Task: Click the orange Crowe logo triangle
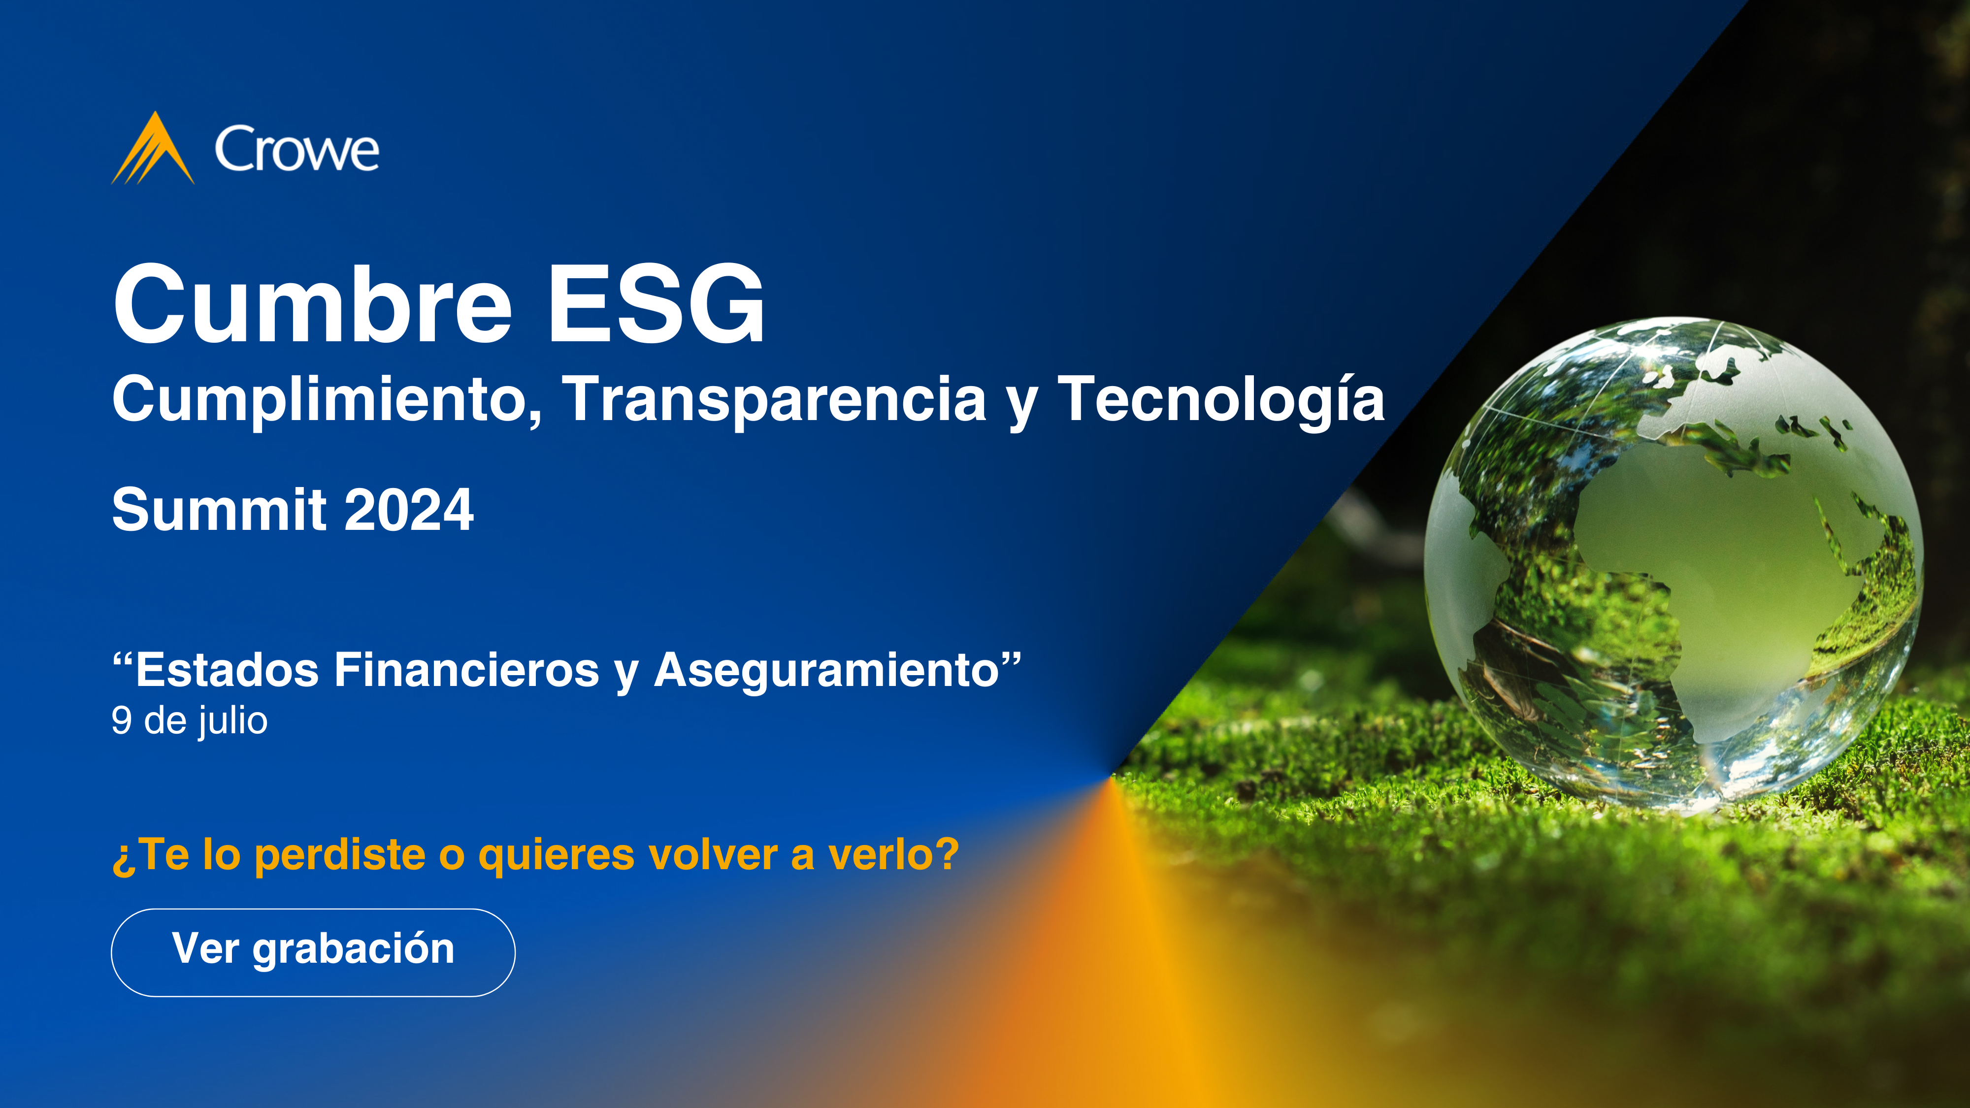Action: click(153, 149)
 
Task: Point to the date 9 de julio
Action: click(190, 721)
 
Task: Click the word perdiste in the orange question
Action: click(339, 855)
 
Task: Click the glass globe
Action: click(1674, 564)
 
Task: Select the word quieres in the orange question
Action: click(556, 855)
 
